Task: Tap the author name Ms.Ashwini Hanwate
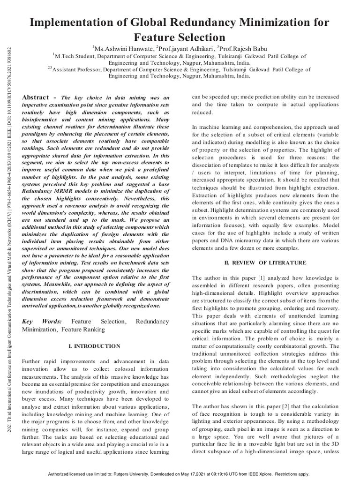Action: pyautogui.click(x=122, y=48)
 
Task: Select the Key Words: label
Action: pyautogui.click(x=41, y=322)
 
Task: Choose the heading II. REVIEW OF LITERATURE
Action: pyautogui.click(x=266, y=262)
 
